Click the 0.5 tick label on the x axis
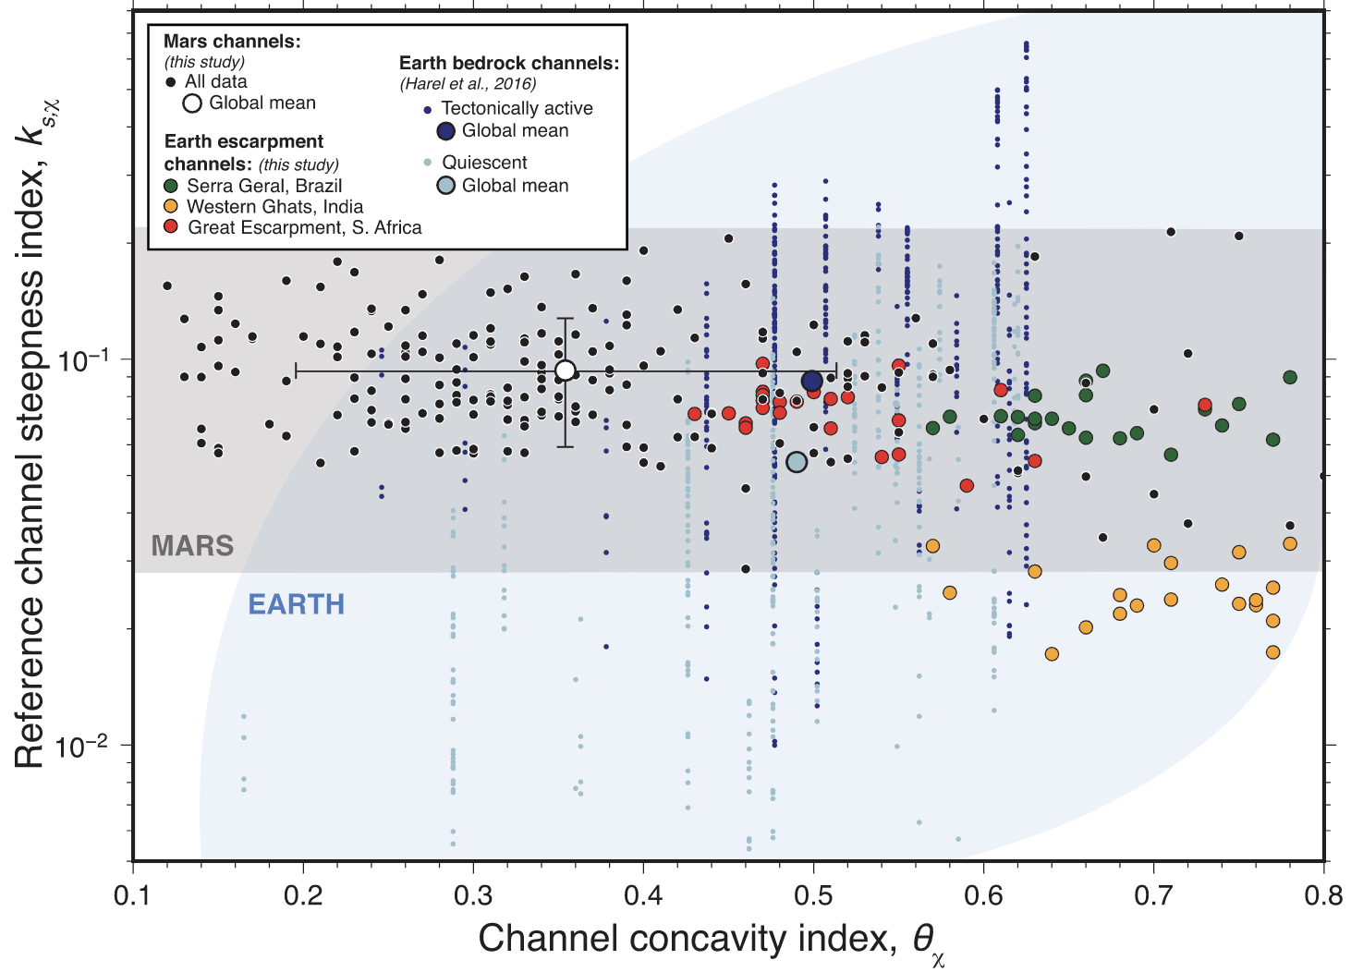click(x=813, y=895)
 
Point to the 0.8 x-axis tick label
click(x=1323, y=895)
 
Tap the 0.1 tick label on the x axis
click(x=133, y=895)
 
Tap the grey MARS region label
click(x=192, y=546)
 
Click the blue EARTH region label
click(x=296, y=604)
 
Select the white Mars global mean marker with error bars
click(x=566, y=371)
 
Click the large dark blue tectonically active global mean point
click(x=811, y=382)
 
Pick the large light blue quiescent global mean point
click(x=797, y=462)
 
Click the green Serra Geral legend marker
click(x=171, y=186)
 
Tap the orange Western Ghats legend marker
click(x=171, y=207)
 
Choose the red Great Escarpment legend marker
click(x=171, y=227)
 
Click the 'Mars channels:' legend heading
click(x=232, y=42)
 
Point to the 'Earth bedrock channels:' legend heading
click(x=509, y=64)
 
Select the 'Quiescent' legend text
click(x=484, y=163)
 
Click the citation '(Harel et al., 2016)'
click(x=468, y=84)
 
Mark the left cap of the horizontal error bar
click(x=296, y=371)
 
